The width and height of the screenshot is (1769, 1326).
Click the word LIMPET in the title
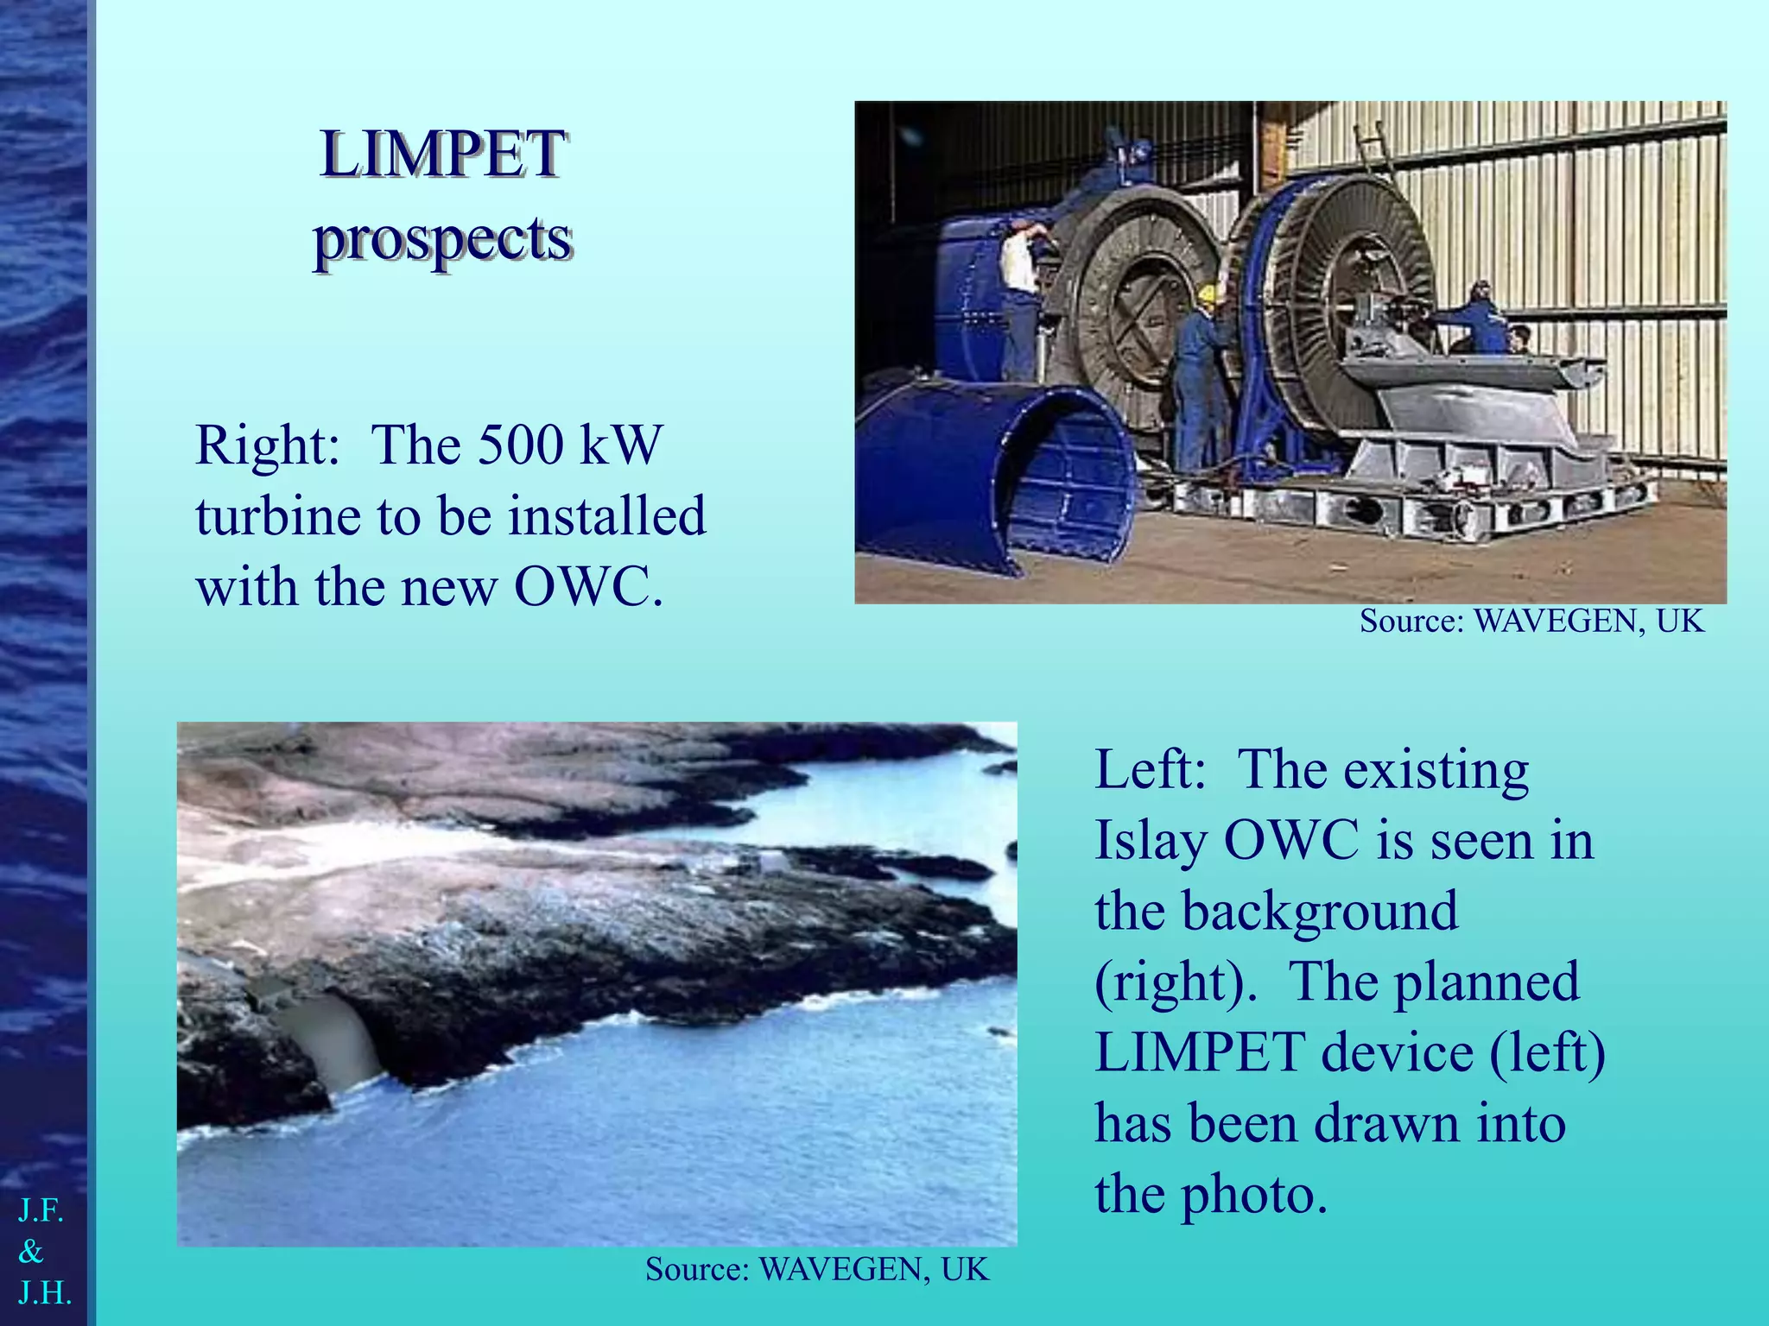pos(442,155)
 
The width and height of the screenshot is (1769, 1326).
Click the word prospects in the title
pos(442,240)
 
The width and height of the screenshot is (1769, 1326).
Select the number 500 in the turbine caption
pos(521,445)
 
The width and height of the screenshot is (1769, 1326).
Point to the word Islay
pos(1151,841)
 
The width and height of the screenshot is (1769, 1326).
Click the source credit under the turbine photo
pos(1531,622)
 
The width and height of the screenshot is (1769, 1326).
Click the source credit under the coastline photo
pos(816,1270)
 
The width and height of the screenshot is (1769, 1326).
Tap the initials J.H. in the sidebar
pos(45,1293)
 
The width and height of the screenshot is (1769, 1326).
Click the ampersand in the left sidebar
pos(31,1252)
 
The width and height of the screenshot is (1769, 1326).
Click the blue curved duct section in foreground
pos(993,466)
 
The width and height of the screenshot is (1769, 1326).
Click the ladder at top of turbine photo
pos(1372,151)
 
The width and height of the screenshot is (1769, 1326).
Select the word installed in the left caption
pos(606,516)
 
